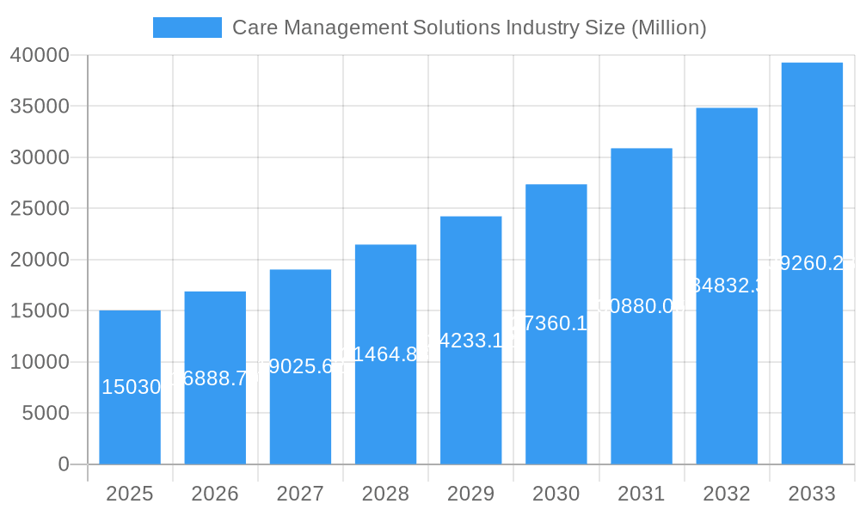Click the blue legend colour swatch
pos(187,28)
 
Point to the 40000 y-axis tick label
pos(40,56)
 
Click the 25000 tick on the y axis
pos(40,209)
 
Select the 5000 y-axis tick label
pos(45,414)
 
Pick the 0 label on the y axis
pos(63,464)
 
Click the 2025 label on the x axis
pos(130,494)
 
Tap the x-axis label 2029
pos(470,494)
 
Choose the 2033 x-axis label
pos(812,494)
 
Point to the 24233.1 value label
pos(470,341)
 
